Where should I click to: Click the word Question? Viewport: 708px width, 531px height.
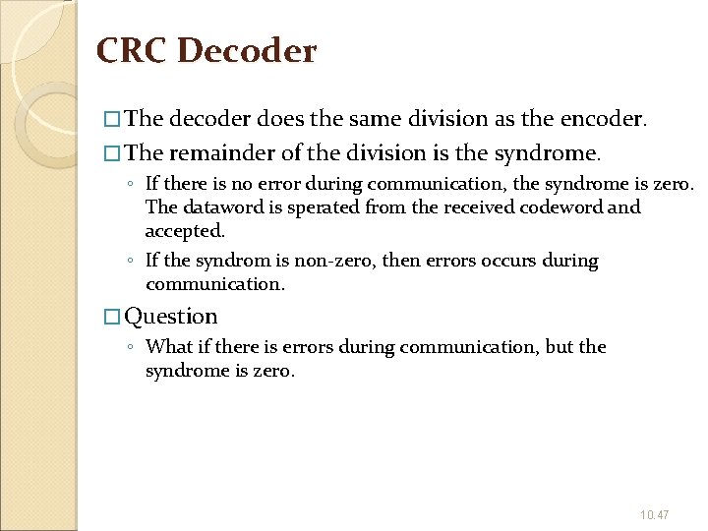[171, 317]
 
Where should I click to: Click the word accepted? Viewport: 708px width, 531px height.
[185, 231]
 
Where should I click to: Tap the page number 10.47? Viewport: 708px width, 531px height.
[654, 514]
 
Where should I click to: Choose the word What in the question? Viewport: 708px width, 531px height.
[167, 347]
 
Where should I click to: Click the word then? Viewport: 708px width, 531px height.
[401, 261]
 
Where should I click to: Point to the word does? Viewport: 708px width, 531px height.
[280, 119]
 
